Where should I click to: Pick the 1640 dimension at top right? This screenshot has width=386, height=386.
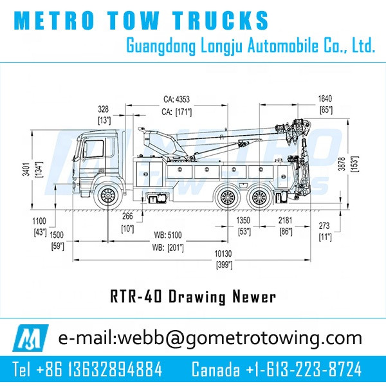pos(326,99)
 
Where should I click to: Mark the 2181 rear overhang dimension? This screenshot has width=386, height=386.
pos(285,221)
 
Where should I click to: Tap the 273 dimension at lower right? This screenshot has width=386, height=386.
pos(326,226)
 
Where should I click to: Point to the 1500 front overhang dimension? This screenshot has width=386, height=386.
pos(57,235)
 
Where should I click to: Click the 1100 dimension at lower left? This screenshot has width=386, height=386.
pos(40,221)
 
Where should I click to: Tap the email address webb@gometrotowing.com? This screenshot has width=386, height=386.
pos(210,338)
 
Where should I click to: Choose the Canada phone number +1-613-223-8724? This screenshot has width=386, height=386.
pos(277,369)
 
